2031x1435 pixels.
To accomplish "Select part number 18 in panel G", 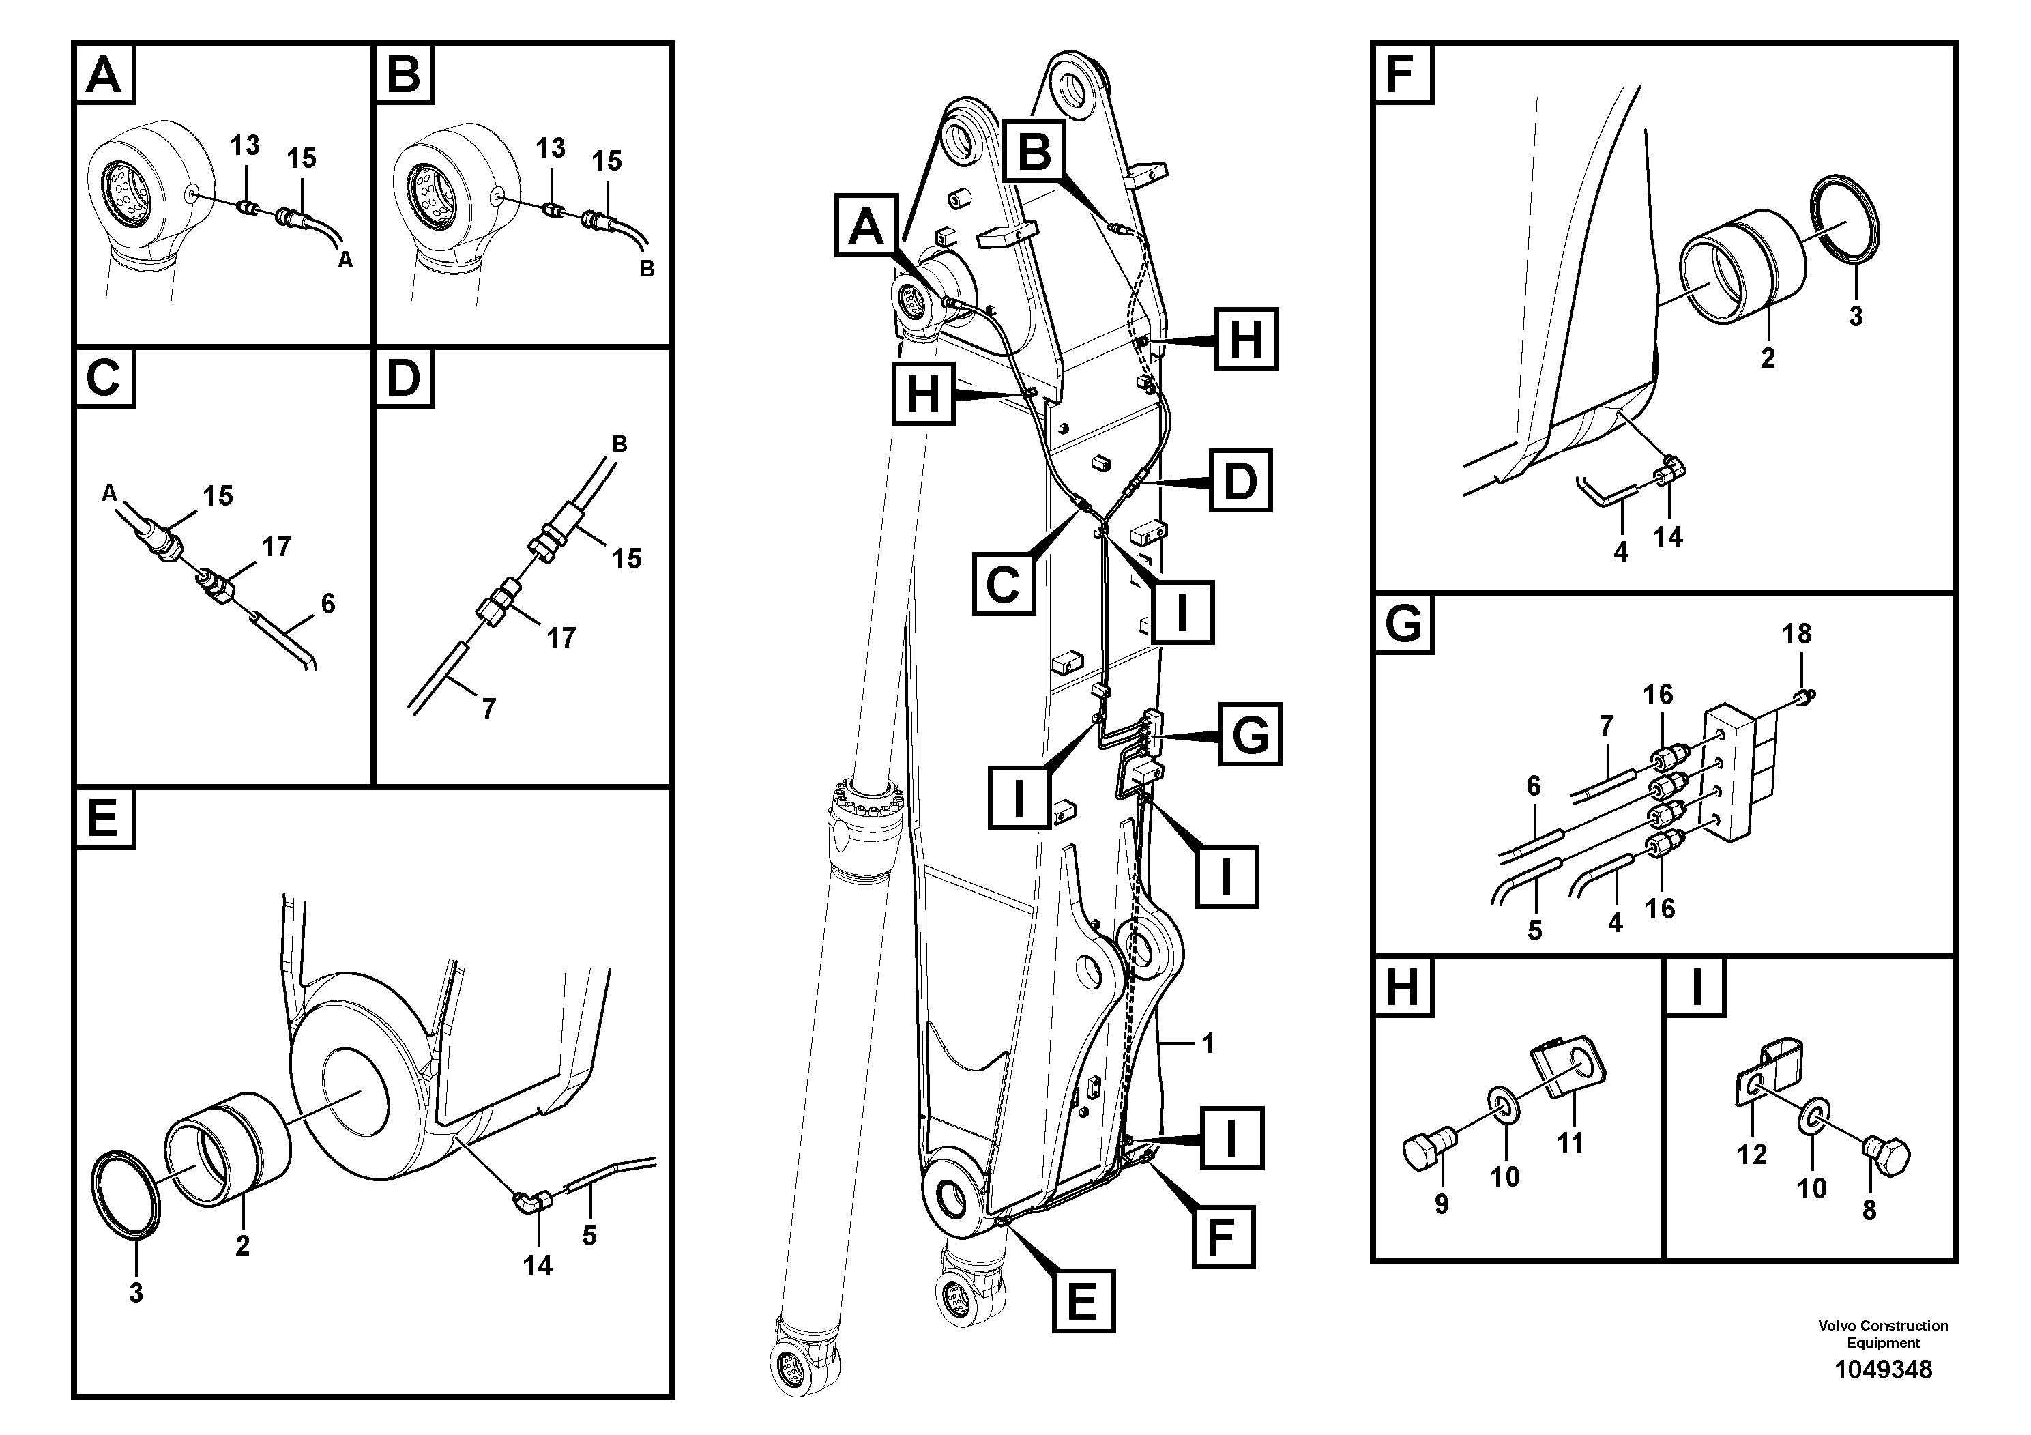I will (1796, 633).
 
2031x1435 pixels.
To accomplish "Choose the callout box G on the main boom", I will (1249, 734).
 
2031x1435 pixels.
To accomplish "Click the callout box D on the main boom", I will (1240, 481).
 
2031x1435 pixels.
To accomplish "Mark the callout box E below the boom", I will (1083, 1301).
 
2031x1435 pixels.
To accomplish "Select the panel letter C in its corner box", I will (104, 378).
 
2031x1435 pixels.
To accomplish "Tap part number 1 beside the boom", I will (1208, 1044).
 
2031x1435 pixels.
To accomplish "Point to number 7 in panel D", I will (488, 708).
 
